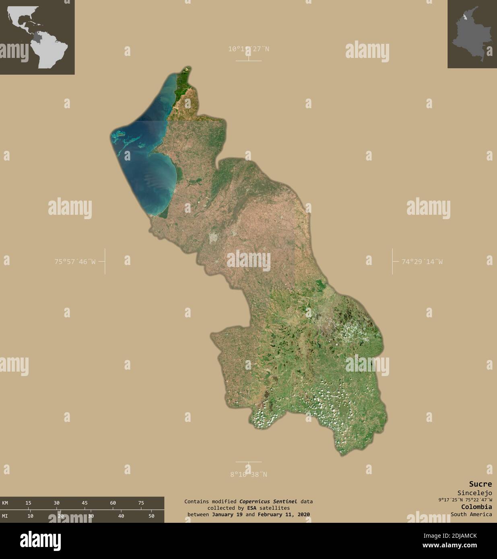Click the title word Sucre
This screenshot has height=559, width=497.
480,484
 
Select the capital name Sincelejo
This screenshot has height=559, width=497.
474,493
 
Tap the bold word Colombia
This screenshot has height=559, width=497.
476,507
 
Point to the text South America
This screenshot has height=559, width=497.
471,514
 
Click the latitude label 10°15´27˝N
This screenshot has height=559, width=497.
248,49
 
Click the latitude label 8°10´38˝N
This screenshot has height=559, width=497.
248,474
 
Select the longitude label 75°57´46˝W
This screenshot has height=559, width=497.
75,261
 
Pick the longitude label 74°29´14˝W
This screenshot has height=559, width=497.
422,261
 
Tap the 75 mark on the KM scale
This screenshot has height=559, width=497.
141,503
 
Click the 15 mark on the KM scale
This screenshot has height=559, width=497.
28,503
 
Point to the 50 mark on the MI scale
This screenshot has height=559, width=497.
151,516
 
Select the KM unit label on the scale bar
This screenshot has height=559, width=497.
5,503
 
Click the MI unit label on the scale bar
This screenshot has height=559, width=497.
5,516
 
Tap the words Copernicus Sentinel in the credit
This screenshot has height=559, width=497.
268,501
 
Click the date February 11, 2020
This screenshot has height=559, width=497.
284,514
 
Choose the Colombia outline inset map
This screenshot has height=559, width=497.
472,34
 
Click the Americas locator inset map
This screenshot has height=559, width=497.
37,37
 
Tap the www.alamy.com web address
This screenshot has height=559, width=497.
464,546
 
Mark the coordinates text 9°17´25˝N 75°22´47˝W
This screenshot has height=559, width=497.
465,500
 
